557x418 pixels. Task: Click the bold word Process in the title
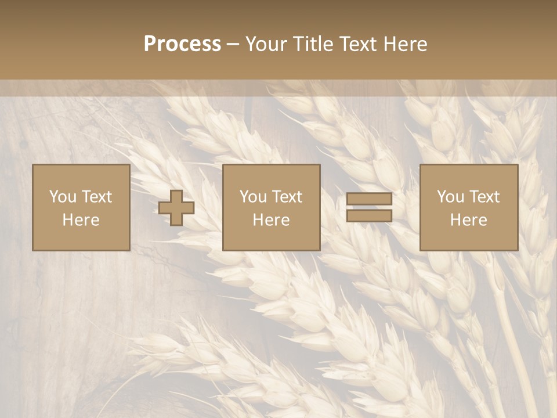click(182, 44)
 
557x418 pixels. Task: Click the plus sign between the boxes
click(176, 208)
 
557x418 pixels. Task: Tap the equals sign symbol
click(369, 207)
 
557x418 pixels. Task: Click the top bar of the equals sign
click(369, 200)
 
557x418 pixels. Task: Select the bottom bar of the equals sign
click(369, 215)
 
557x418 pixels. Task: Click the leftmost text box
click(81, 208)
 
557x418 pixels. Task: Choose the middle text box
click(271, 208)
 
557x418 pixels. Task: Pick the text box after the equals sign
click(468, 208)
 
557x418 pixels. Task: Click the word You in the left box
click(62, 197)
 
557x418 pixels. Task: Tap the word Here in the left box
click(81, 220)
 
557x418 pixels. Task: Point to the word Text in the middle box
click(287, 197)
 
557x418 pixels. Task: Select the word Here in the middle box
click(271, 220)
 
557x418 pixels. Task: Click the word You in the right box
click(450, 197)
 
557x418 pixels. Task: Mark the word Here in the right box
click(468, 220)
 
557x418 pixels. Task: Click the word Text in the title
click(357, 44)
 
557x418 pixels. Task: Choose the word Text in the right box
click(484, 197)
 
